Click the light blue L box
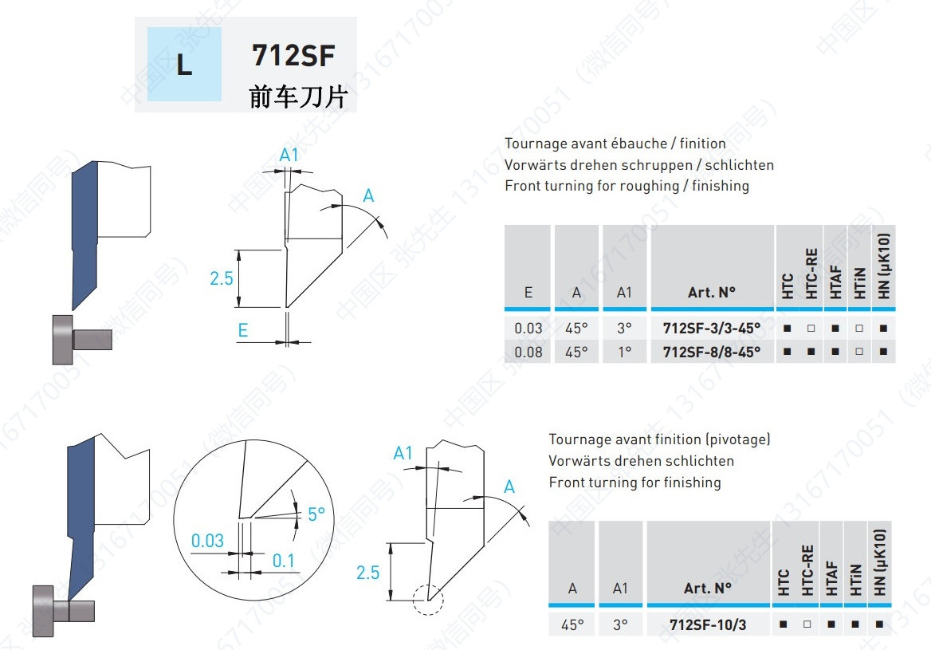coord(184,65)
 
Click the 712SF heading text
coord(293,56)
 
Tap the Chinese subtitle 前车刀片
coord(298,97)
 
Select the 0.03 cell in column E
coord(528,328)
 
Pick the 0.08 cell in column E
coord(528,352)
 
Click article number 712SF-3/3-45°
coord(712,328)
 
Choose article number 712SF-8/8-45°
coord(712,352)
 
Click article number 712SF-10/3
coord(708,624)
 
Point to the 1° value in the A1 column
coord(624,352)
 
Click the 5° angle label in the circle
coord(316,514)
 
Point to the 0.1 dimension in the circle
coord(283,561)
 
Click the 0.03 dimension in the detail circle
coord(207,541)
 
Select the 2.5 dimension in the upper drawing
coord(222,278)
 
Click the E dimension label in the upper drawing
coord(243,330)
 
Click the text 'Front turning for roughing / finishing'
coord(627,186)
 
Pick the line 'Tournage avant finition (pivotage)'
coord(659,439)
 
